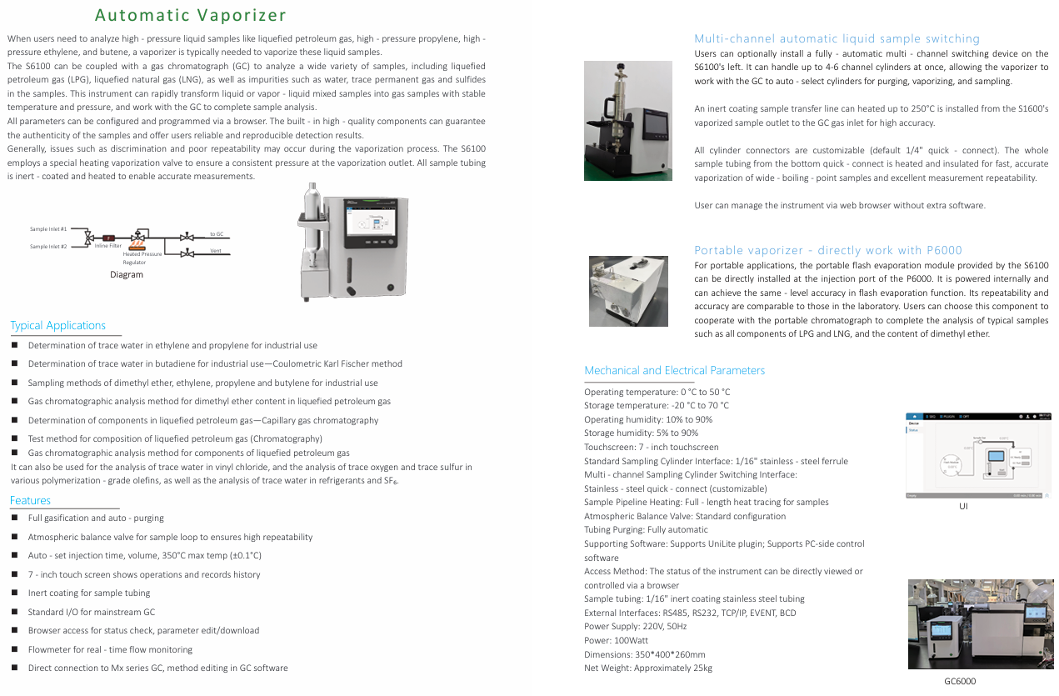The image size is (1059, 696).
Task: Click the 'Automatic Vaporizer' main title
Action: (191, 15)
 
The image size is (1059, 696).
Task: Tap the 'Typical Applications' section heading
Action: (57, 325)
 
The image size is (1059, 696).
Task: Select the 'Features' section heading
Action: (30, 500)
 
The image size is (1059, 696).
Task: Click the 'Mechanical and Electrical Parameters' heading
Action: (674, 370)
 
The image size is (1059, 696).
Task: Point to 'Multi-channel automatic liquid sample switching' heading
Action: (837, 38)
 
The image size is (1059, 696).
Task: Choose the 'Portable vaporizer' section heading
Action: (827, 250)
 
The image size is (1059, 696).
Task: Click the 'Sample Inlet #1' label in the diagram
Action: (48, 228)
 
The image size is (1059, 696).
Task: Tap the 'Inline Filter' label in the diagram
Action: (107, 246)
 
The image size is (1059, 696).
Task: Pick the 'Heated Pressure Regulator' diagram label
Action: (142, 258)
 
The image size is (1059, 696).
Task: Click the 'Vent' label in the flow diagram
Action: (215, 251)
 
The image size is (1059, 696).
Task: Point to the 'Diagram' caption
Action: (127, 274)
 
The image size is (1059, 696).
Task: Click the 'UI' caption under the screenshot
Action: (963, 505)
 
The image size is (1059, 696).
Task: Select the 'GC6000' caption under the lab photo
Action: (959, 681)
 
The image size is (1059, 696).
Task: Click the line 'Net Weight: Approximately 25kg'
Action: (647, 668)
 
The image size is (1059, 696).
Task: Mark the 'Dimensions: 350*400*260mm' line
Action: (644, 654)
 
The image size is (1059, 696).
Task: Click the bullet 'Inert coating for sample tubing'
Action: (89, 593)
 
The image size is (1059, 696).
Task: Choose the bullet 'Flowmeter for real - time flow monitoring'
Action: (110, 649)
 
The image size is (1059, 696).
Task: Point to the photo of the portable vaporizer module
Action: (628, 291)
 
